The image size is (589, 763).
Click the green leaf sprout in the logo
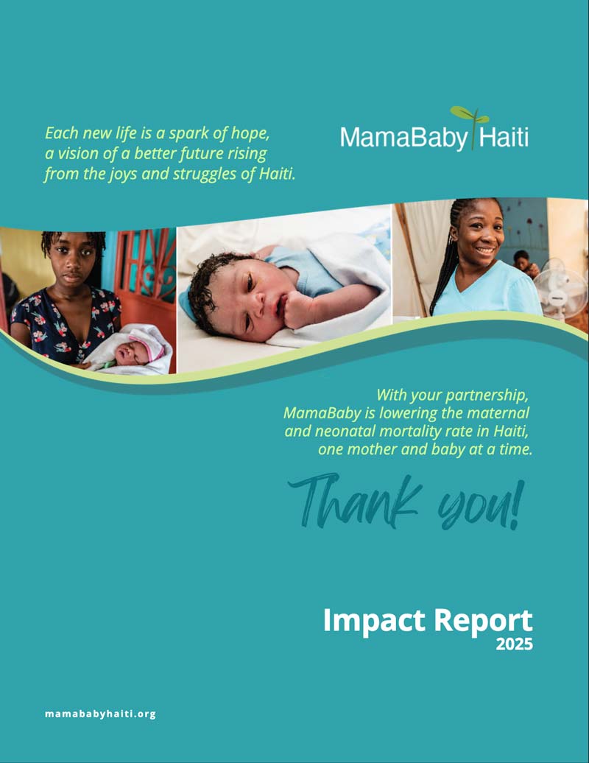(x=470, y=115)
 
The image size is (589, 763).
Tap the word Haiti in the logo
(x=504, y=138)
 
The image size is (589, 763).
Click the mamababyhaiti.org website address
(x=100, y=714)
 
